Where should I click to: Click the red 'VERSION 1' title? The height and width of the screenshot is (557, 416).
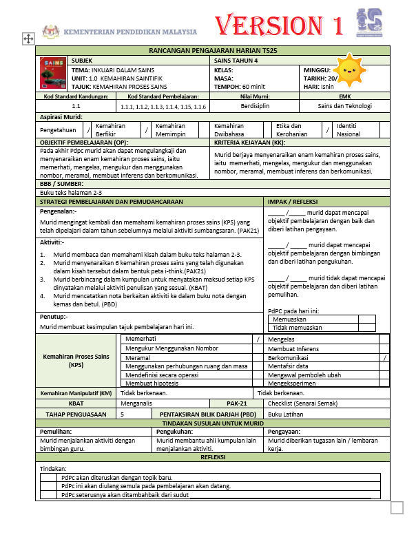(280, 26)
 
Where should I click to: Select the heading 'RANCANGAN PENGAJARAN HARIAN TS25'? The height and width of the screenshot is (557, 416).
(213, 51)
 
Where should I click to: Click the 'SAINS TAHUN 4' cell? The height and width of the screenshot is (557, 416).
(237, 61)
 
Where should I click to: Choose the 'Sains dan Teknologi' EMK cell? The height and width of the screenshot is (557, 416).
(344, 106)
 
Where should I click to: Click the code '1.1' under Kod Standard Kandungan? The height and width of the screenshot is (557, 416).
(76, 106)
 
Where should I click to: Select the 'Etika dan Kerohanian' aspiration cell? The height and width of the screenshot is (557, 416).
(293, 129)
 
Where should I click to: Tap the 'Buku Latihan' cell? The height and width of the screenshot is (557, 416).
(287, 414)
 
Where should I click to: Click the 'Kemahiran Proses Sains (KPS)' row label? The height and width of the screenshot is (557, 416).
(76, 361)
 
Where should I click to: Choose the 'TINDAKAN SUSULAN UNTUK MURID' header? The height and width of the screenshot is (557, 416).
(213, 424)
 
